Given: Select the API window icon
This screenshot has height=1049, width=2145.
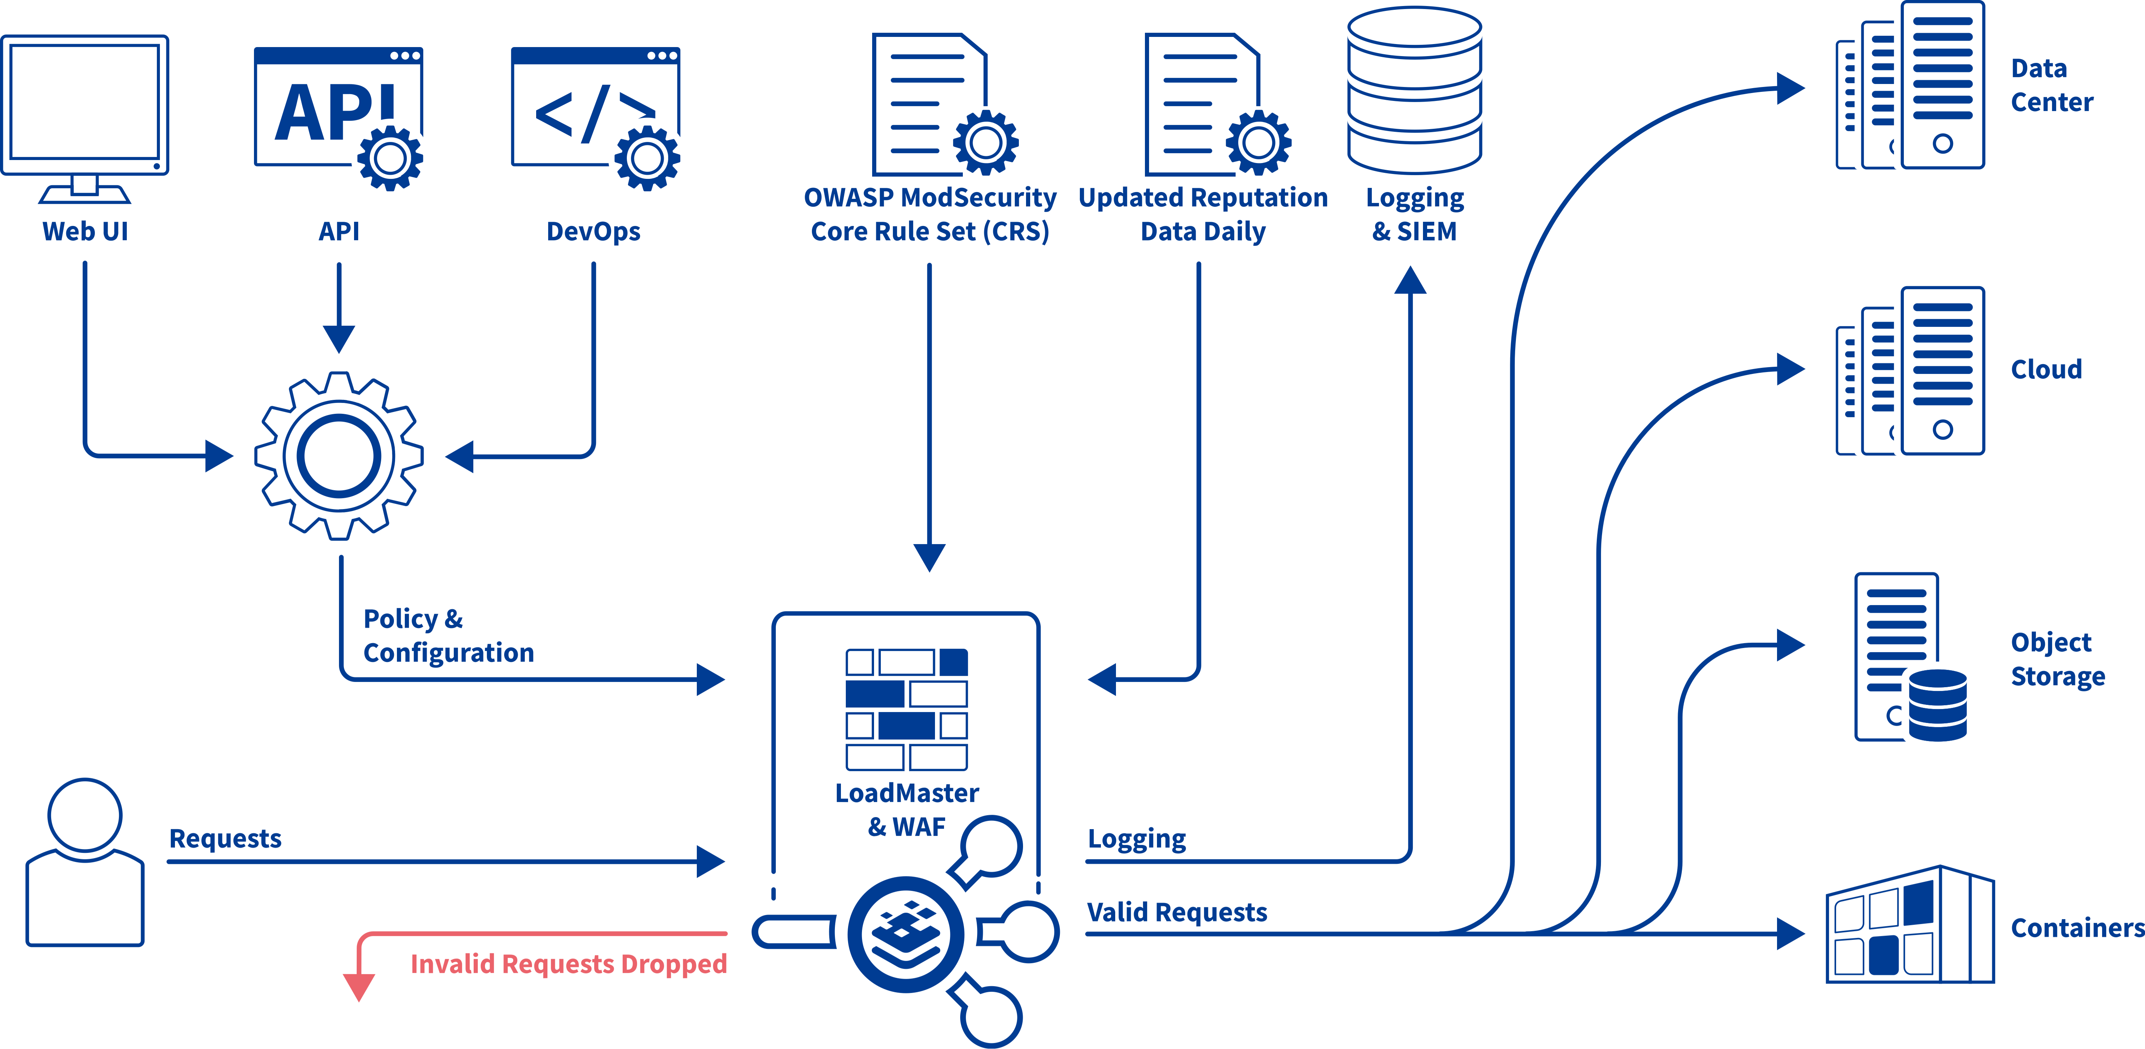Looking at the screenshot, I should [338, 113].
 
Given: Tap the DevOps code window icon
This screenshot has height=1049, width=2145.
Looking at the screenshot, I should [594, 113].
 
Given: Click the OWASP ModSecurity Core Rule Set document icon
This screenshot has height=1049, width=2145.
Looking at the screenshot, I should [937, 104].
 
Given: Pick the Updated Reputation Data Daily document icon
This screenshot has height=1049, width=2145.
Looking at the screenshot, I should [1209, 104].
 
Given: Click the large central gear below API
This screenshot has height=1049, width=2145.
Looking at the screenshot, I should [339, 456].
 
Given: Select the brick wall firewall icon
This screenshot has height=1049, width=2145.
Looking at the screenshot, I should [907, 709].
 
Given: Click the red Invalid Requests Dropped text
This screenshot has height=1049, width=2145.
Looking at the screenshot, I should [569, 964].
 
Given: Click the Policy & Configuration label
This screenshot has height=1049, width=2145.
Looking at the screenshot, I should [448, 636].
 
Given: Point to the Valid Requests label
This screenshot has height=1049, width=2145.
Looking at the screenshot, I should [1177, 912].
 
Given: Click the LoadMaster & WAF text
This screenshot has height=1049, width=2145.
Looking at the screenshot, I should [907, 809].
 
